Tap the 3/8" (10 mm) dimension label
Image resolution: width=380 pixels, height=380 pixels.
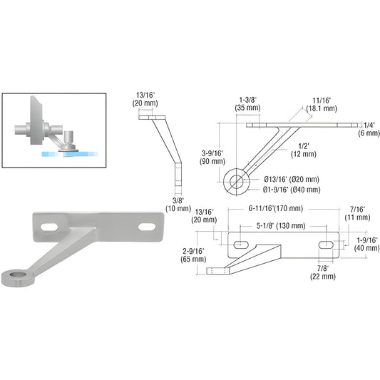(174, 205)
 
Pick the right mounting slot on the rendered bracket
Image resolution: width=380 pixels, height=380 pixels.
(148, 226)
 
